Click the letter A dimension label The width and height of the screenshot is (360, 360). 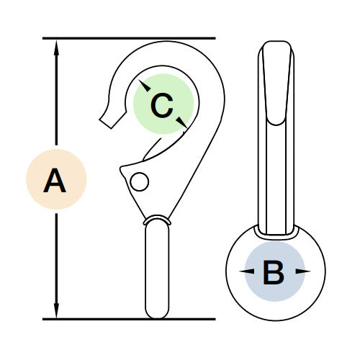point(55,180)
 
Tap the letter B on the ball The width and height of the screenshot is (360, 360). point(274,272)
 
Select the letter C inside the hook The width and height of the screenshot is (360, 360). point(162,105)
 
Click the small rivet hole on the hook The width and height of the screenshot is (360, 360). point(140,181)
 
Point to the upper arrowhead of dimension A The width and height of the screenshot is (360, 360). point(56,48)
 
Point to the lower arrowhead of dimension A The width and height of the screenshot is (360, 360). point(56,310)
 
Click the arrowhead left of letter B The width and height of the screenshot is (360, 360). point(247,271)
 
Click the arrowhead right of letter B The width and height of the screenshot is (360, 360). point(303,271)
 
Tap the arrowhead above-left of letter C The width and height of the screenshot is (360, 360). point(145,86)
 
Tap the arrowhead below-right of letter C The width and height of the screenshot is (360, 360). point(182,122)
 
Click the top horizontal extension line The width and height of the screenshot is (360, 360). point(129,38)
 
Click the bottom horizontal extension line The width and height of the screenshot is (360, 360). point(129,319)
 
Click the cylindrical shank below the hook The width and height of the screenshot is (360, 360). point(157,270)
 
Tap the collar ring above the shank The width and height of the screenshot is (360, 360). point(157,220)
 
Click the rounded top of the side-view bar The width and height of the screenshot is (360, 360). point(276,45)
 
